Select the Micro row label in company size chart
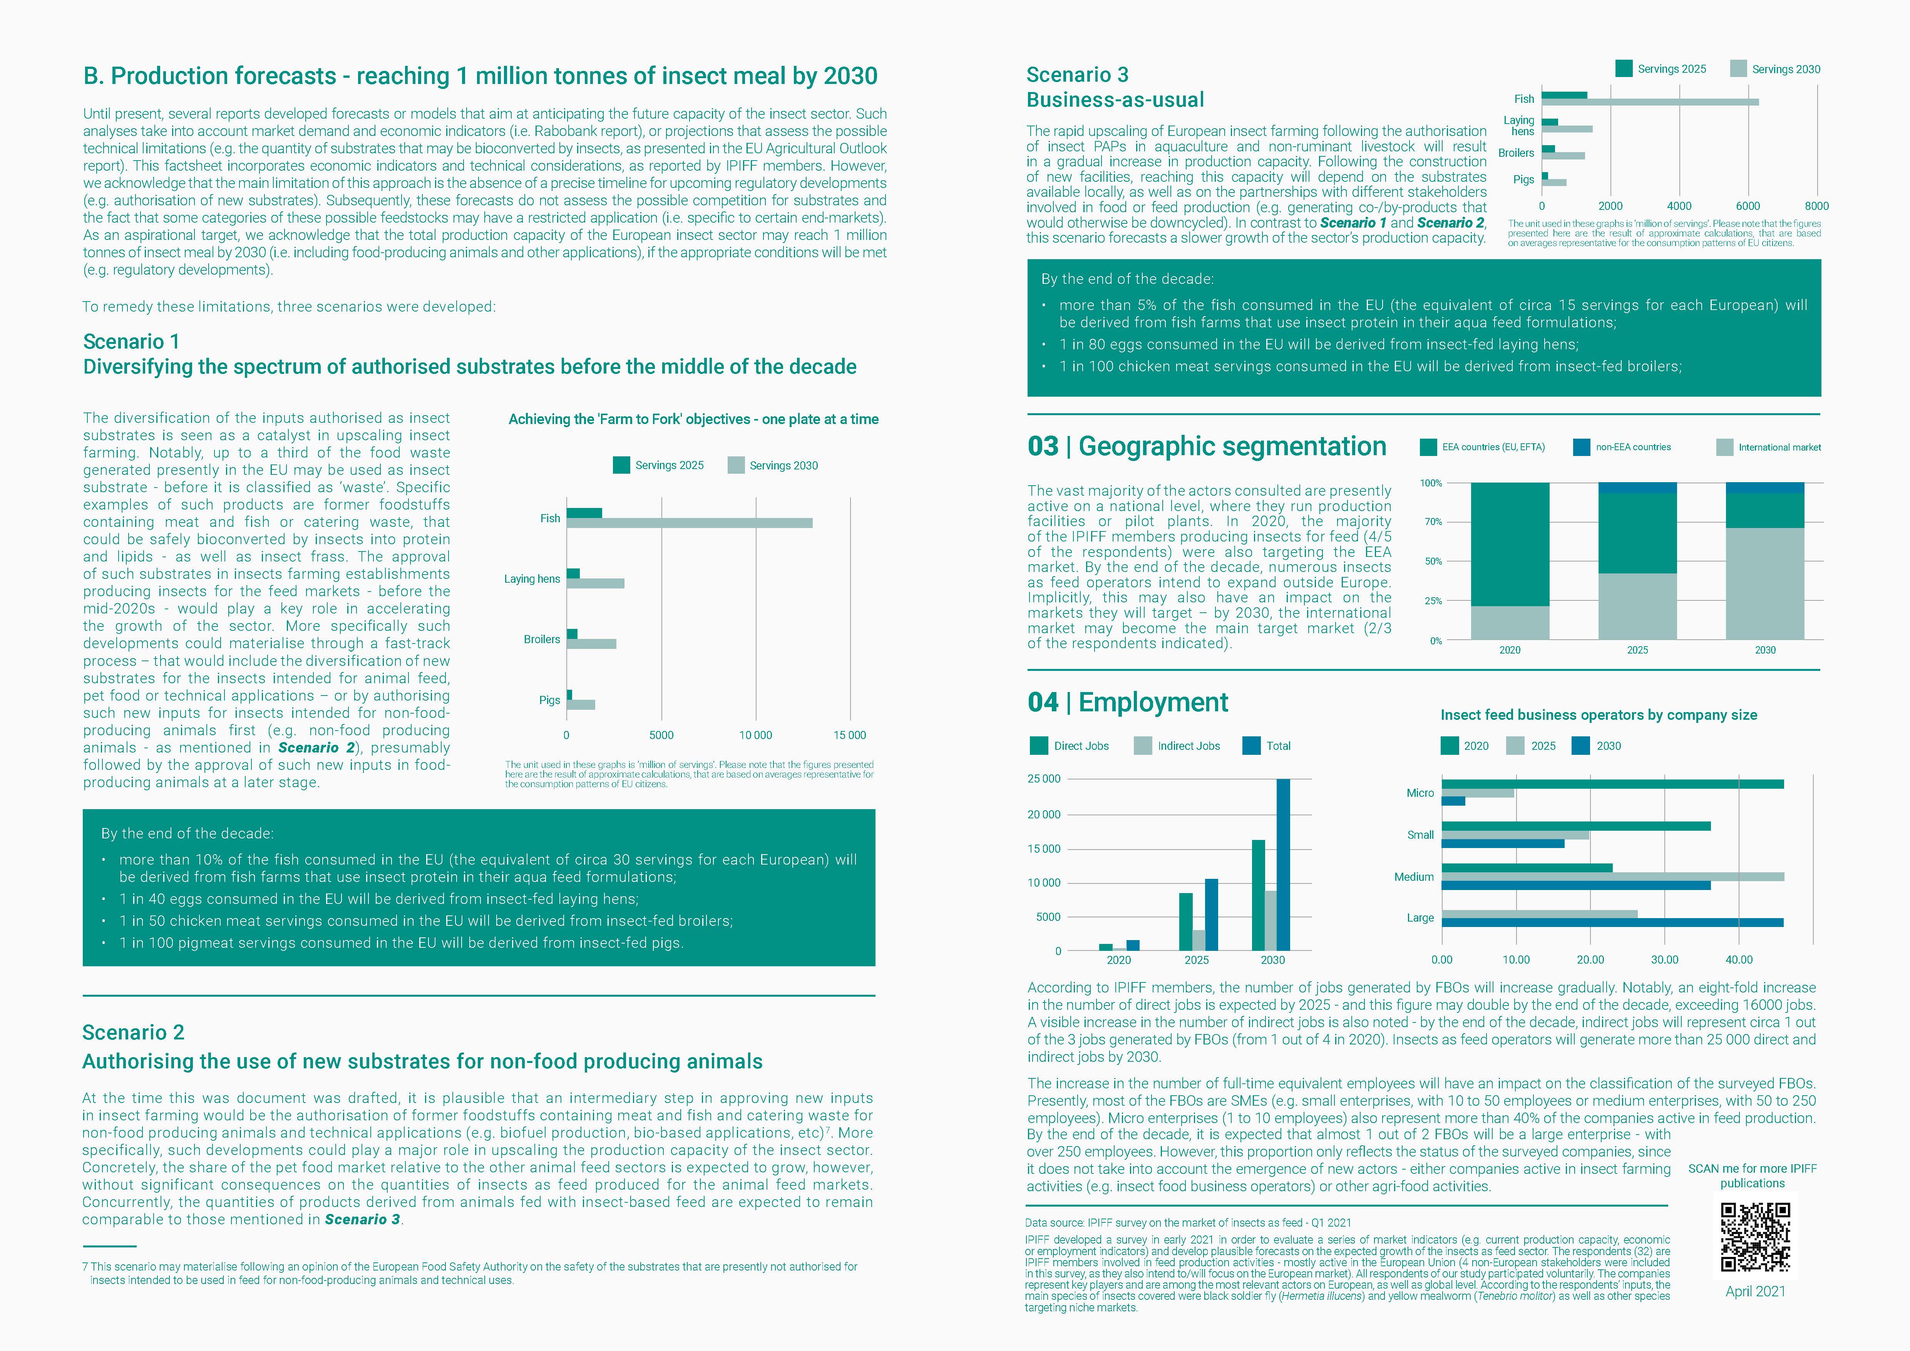[1420, 793]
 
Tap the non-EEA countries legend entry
[1632, 448]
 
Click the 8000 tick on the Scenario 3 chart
[1816, 206]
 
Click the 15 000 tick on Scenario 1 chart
[849, 736]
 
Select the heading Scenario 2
[133, 1033]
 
